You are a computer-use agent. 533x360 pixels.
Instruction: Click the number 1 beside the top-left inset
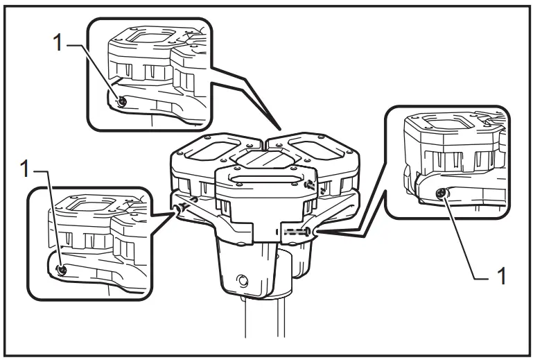pyautogui.click(x=58, y=43)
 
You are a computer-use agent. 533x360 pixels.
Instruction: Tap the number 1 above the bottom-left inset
pyautogui.click(x=25, y=169)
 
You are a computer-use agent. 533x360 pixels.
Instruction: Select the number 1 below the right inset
pyautogui.click(x=502, y=275)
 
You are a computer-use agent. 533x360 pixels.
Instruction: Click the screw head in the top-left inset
pyautogui.click(x=122, y=101)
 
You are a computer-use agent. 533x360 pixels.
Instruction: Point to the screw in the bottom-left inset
pyautogui.click(x=62, y=270)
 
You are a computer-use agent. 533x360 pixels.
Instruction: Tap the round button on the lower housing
pyautogui.click(x=243, y=281)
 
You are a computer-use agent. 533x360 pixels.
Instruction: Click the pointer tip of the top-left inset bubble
pyautogui.click(x=280, y=130)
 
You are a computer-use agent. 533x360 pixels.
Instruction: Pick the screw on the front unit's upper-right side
pyautogui.click(x=310, y=185)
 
